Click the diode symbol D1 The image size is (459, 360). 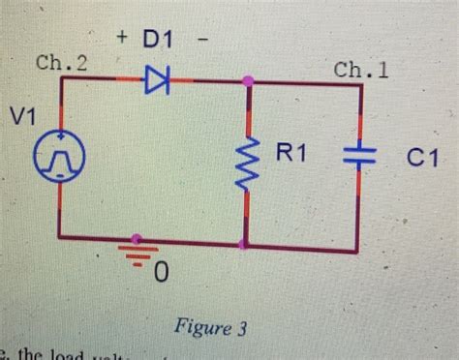click(156, 81)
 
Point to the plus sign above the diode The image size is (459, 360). click(122, 38)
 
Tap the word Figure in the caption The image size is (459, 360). click(199, 328)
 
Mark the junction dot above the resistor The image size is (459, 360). click(248, 81)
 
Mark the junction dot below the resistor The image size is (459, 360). click(248, 244)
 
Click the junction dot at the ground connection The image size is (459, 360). click(138, 237)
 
